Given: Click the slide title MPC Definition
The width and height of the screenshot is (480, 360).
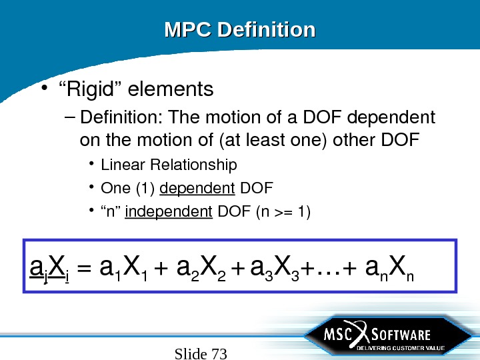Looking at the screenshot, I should pyautogui.click(x=239, y=30).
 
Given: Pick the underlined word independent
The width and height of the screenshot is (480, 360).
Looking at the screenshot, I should pyautogui.click(x=169, y=212).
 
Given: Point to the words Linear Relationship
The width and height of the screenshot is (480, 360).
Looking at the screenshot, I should pyautogui.click(x=169, y=164).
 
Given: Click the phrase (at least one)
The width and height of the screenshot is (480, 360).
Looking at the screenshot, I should pyautogui.click(x=270, y=141).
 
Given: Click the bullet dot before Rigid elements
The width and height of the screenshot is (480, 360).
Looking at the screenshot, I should pyautogui.click(x=43, y=89).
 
